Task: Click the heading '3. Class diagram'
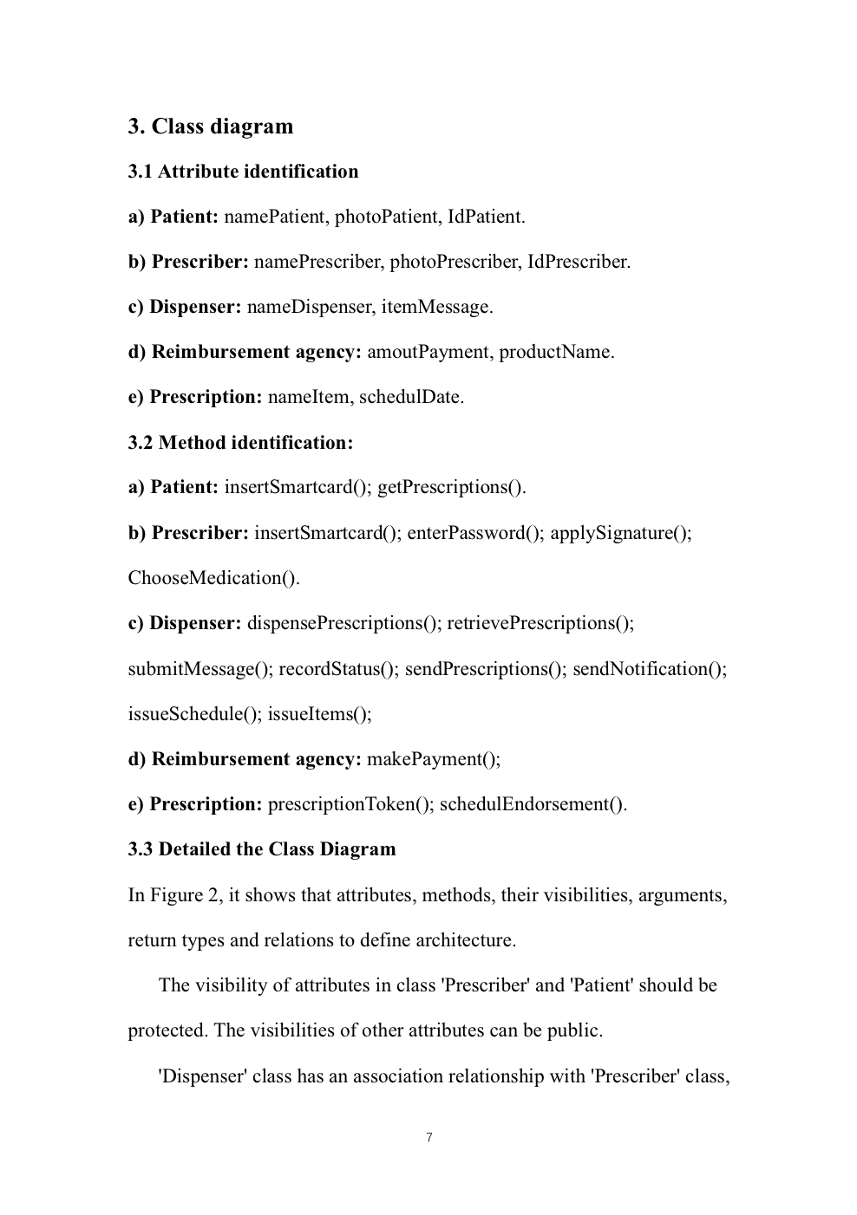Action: point(211,127)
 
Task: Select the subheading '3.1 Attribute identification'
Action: point(243,172)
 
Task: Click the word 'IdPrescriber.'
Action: point(579,262)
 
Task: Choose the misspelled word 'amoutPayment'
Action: point(429,352)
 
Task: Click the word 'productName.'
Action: point(556,352)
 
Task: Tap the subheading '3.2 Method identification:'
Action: point(240,443)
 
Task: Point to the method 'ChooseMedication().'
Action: point(213,578)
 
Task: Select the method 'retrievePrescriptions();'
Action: point(540,623)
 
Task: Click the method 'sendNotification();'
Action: point(649,669)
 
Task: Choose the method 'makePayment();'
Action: point(434,759)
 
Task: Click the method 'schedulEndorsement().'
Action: point(533,804)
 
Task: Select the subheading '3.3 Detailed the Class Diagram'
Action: point(262,849)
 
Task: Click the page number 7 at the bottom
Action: point(428,1138)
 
